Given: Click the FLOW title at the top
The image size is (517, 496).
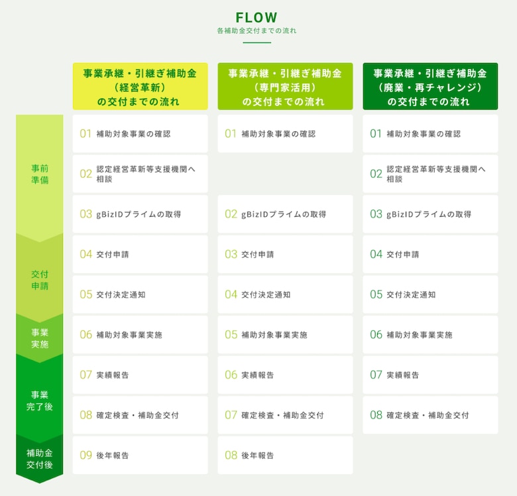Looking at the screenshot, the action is [257, 17].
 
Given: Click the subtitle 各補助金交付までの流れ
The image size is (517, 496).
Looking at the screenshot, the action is [257, 31].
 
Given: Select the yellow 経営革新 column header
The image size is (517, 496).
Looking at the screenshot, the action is [140, 86].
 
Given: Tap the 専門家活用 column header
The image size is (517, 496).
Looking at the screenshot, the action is [285, 86].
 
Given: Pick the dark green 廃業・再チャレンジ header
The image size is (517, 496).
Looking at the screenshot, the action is [430, 86].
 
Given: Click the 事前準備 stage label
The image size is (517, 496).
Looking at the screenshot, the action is [40, 174].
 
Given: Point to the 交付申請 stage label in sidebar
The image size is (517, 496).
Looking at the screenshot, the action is [40, 280].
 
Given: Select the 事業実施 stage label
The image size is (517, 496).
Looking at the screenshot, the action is [40, 338].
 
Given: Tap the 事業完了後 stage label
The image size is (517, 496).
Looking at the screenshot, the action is [40, 401].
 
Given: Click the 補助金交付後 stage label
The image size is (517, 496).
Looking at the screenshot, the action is [40, 459].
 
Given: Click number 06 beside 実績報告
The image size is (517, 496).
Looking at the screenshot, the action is [231, 375].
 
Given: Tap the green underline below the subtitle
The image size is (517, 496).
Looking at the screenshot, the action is [257, 42].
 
